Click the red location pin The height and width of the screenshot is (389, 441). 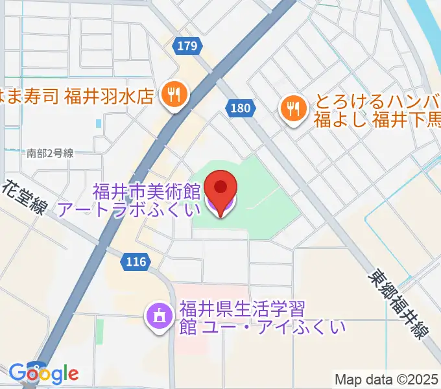click(220, 189)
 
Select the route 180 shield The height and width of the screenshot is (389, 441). click(240, 108)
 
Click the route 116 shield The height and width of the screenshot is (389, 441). click(136, 262)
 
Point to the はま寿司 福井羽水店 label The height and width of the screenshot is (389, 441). click(78, 96)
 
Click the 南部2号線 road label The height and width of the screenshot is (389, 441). click(50, 154)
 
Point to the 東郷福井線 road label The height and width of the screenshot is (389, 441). click(398, 305)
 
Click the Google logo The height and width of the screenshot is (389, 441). click(43, 373)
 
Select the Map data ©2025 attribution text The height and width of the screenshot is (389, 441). click(387, 379)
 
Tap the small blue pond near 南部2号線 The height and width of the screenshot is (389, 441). click(98, 123)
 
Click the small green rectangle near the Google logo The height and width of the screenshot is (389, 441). click(100, 331)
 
